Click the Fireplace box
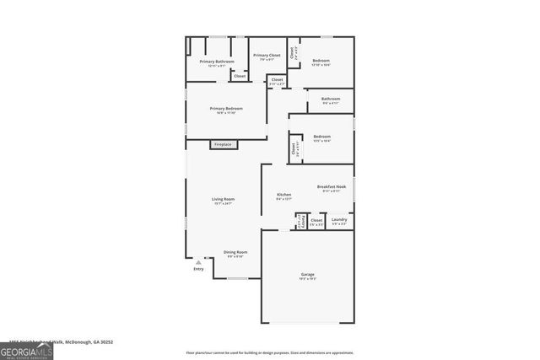223,144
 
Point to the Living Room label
223,201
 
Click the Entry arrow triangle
198,262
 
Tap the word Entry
198,269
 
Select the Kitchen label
284,196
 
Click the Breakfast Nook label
331,188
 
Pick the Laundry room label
339,221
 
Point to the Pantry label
299,221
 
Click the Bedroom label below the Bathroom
322,137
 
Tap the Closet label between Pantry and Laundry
316,222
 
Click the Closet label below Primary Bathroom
240,76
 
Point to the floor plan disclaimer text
270,352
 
